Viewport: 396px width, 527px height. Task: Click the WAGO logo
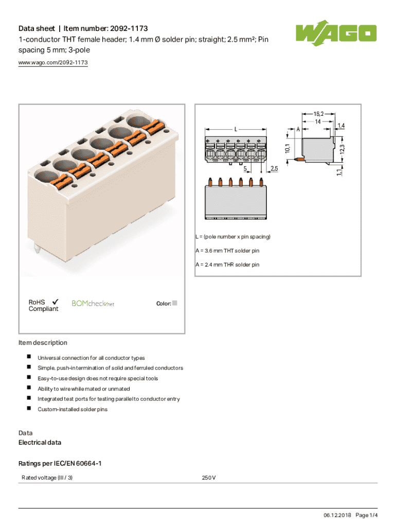336,33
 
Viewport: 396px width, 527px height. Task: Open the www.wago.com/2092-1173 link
53,62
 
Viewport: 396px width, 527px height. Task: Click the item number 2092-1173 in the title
129,29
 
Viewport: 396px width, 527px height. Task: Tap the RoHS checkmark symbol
56,302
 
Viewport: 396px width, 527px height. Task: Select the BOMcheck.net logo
93,304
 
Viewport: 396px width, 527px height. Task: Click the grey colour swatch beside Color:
175,303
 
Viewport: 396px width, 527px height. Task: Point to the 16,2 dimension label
318,114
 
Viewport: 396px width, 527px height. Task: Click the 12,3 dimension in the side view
342,150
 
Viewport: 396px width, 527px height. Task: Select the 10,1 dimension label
287,149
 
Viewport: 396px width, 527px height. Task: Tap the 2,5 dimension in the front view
274,168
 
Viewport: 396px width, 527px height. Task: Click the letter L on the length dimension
236,129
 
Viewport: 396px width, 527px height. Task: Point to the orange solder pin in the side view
299,159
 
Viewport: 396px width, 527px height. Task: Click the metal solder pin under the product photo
37,249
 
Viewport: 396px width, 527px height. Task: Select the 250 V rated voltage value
209,478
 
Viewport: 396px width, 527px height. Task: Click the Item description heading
43,342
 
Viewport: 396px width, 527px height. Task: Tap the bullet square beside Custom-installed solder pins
29,408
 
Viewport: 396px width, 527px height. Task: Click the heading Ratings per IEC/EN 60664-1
60,464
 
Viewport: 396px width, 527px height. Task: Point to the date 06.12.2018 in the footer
337,515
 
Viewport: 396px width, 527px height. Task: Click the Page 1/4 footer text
367,515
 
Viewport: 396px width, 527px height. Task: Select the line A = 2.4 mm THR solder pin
227,265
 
